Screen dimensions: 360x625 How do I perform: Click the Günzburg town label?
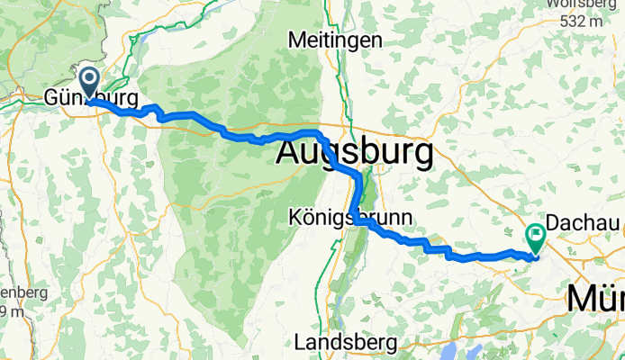(x=91, y=97)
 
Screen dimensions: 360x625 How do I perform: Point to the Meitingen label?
(x=334, y=40)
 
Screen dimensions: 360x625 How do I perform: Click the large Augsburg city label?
(x=353, y=151)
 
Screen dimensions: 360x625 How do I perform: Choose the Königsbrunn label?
(x=350, y=217)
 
